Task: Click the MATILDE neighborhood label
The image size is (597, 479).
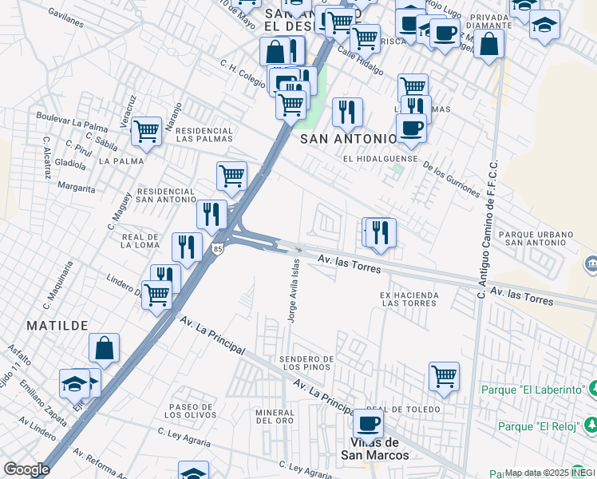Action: (x=57, y=326)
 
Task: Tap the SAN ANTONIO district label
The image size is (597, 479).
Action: (x=347, y=139)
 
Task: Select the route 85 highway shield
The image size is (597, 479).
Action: (x=218, y=250)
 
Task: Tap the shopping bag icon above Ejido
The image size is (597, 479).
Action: (x=104, y=348)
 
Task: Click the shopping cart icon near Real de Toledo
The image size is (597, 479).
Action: (x=444, y=375)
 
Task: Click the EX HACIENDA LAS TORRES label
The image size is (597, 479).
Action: (x=409, y=299)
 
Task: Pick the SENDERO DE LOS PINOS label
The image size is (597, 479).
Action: (x=306, y=362)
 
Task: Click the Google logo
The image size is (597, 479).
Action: (x=26, y=469)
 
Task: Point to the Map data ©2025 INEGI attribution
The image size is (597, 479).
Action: (x=549, y=473)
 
